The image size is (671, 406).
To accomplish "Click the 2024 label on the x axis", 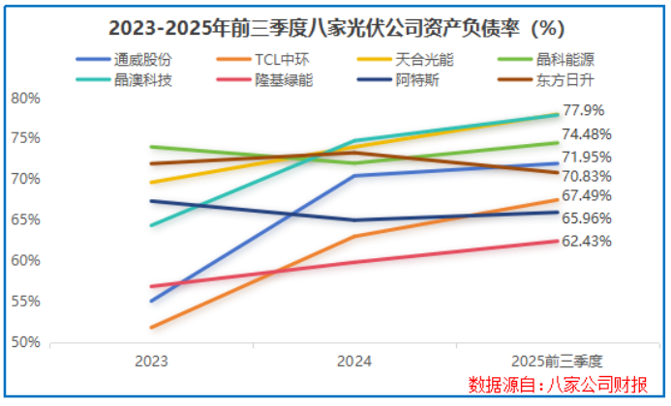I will pos(354,362).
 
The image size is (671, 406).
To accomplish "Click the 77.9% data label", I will pos(584,111).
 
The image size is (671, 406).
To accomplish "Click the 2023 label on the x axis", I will pos(151,362).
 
